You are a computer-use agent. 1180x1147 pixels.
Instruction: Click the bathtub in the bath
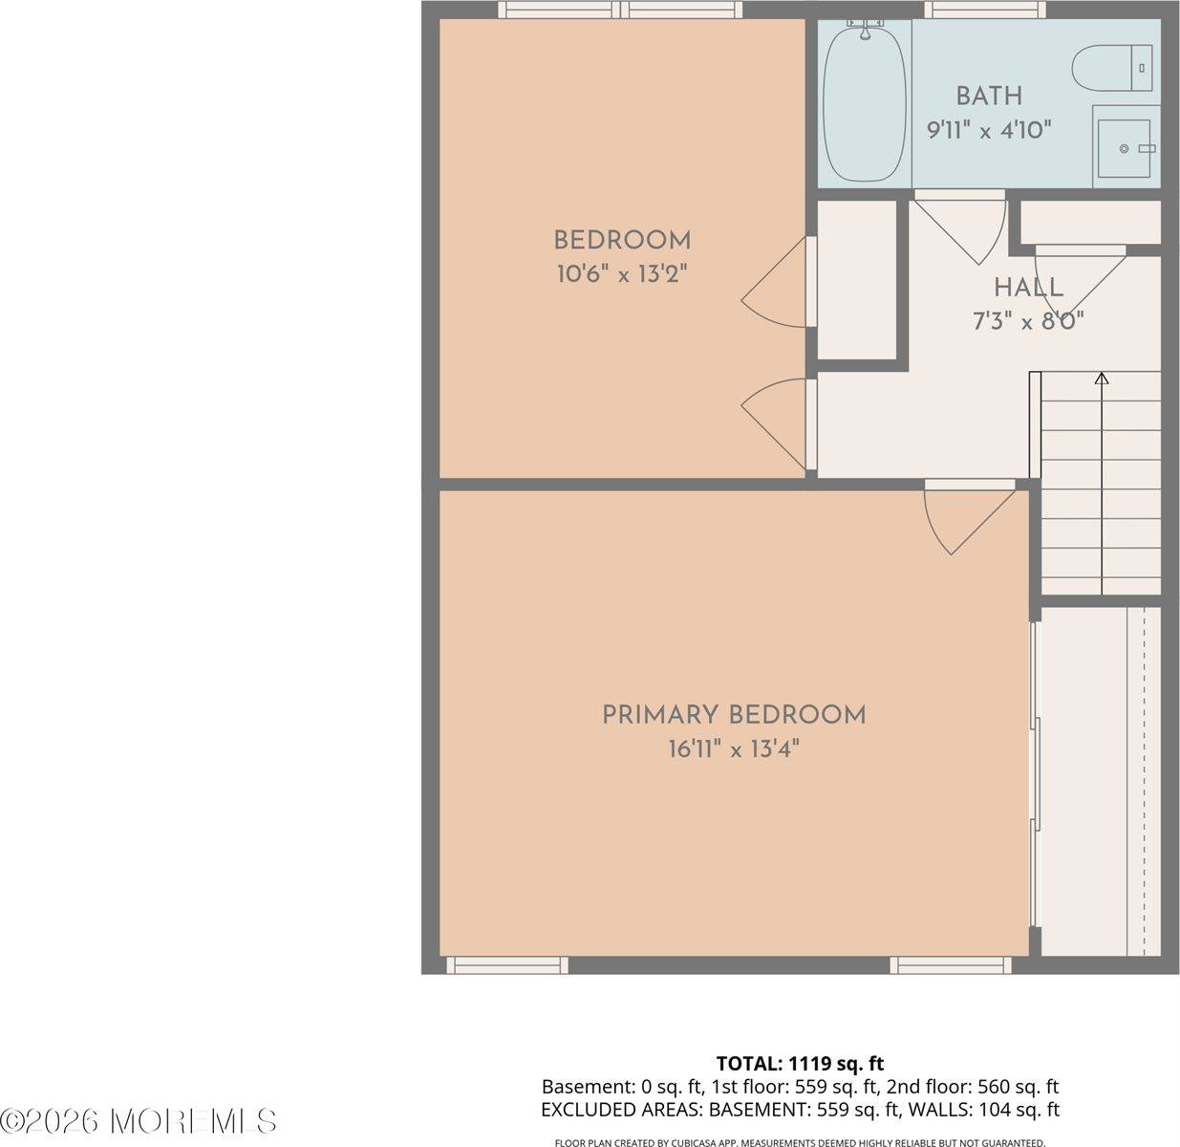point(864,103)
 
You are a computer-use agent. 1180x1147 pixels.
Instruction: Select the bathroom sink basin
point(1125,148)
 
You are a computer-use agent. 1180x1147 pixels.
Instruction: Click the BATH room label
point(989,96)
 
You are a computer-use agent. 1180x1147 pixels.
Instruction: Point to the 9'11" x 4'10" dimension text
point(989,129)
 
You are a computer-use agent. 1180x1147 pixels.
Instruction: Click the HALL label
point(1028,287)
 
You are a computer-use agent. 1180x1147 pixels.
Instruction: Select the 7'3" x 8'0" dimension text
point(1028,321)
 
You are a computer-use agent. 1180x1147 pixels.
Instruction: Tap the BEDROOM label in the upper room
point(622,240)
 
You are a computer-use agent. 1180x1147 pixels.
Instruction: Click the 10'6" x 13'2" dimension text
point(622,274)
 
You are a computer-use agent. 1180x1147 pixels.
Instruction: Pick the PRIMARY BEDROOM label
point(734,715)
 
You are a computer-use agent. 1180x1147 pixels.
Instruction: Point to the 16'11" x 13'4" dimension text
point(734,748)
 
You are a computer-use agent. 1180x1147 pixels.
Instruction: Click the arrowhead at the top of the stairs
point(1102,379)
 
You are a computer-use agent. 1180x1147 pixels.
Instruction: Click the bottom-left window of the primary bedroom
point(507,965)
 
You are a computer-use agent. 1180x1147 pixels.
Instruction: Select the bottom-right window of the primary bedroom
point(951,965)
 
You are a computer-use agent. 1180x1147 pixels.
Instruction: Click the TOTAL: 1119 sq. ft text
point(800,1063)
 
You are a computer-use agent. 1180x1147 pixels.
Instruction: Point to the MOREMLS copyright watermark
point(139,1120)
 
